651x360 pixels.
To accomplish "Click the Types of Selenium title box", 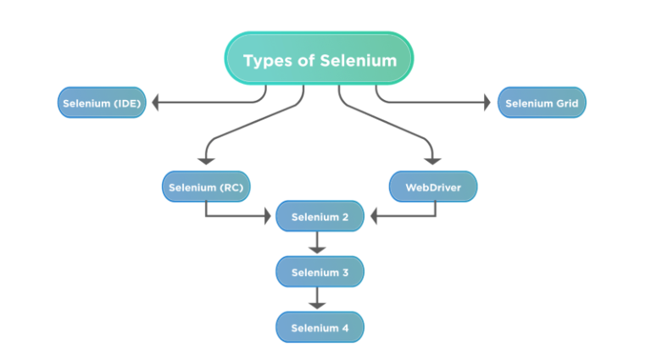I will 319,59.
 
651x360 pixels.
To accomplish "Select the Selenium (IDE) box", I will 102,103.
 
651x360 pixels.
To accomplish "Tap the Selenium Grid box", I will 541,103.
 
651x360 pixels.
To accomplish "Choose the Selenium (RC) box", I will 206,187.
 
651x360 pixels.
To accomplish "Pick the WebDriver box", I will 432,187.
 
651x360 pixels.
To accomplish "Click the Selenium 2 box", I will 320,217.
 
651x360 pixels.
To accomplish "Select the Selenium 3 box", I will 320,272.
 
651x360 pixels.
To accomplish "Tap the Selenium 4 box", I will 320,327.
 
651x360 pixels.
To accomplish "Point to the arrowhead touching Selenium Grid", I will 486,103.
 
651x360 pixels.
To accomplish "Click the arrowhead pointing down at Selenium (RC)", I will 206,160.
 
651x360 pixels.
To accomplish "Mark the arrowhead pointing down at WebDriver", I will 432,160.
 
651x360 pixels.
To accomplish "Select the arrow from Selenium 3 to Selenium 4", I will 317,298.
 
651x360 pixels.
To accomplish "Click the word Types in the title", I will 264,60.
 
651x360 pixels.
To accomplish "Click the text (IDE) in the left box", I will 127,103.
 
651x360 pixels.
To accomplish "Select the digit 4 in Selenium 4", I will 344,327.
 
